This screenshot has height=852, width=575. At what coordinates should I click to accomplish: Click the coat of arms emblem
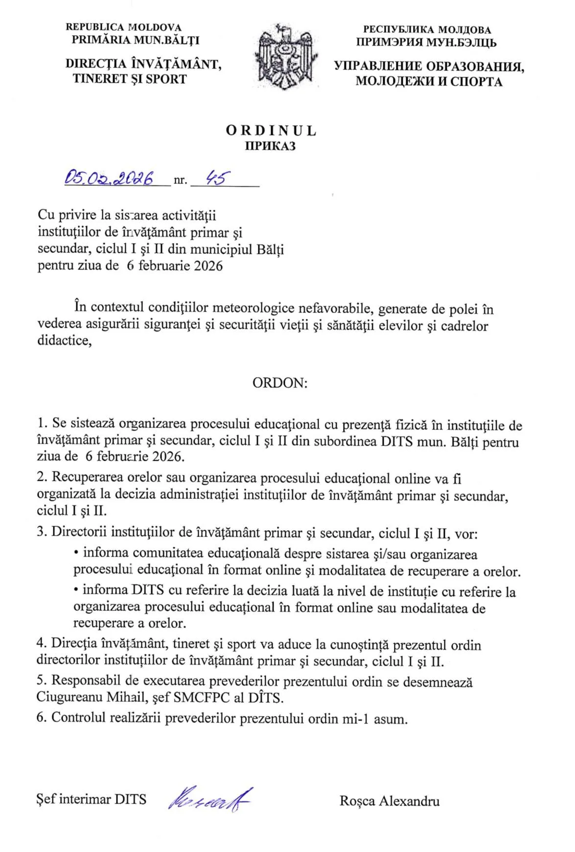point(287,57)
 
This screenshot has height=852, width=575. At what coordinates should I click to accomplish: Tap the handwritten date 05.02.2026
point(110,178)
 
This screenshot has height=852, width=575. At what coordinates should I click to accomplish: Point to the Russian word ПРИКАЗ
point(271,146)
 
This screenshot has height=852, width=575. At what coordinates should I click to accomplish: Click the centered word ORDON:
point(280,382)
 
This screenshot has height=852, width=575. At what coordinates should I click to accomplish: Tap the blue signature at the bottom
point(209,800)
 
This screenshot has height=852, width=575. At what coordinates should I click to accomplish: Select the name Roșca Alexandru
point(389,801)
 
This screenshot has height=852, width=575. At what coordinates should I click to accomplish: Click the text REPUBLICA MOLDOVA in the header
point(123,28)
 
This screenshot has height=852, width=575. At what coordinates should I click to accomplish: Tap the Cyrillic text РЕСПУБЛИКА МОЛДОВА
point(427,30)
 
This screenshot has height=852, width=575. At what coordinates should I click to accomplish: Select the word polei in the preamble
point(464,309)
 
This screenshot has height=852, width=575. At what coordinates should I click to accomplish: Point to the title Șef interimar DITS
point(92,799)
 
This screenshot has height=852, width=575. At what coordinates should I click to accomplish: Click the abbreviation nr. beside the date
point(180,180)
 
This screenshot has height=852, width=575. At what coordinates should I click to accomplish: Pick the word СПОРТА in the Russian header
point(476,81)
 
